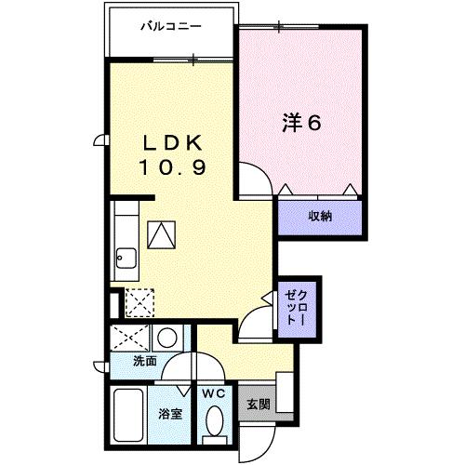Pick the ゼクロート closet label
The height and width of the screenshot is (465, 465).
pos(296,306)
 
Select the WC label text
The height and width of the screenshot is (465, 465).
pos(213,394)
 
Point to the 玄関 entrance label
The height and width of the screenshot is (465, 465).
pos(258,405)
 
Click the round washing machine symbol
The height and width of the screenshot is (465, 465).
pos(168,338)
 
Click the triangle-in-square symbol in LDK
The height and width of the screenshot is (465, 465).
pos(162,234)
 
